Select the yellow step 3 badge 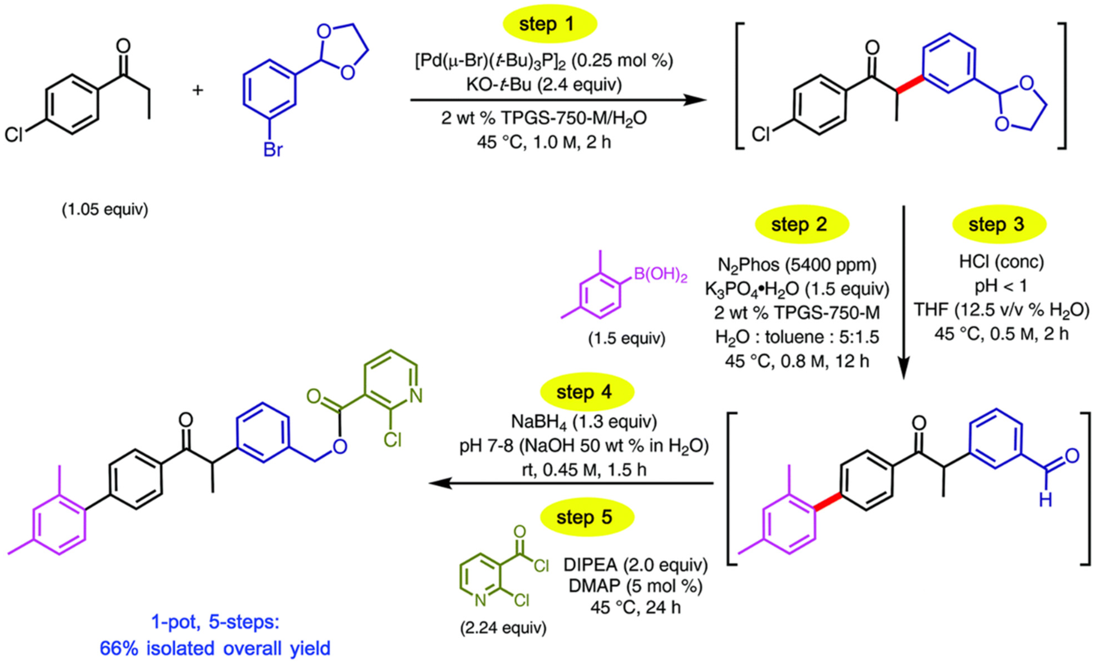click(999, 224)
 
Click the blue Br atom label click(272, 150)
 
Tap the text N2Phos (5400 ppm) click(797, 265)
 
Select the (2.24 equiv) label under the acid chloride click(503, 628)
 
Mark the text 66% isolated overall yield click(215, 649)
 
